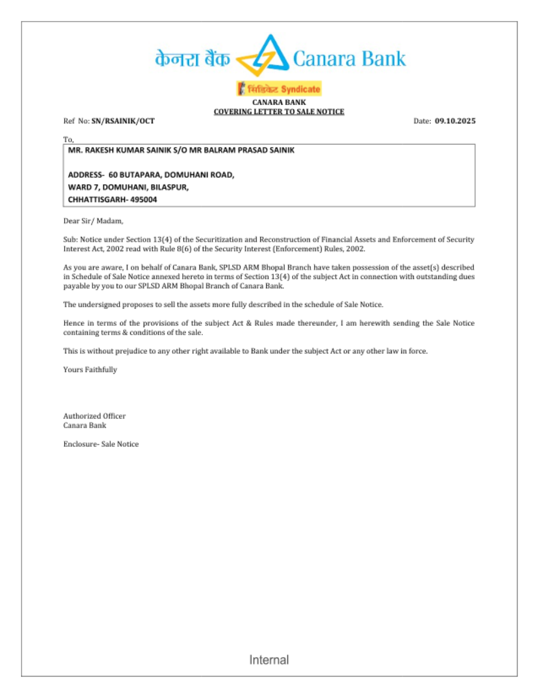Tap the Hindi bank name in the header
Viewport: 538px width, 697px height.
point(192,59)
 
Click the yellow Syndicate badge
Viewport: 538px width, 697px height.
point(279,89)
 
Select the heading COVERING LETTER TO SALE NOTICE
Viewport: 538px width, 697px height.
point(279,111)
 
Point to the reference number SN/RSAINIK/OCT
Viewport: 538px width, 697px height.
point(123,121)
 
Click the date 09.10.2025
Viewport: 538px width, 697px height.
point(455,121)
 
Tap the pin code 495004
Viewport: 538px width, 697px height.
point(144,199)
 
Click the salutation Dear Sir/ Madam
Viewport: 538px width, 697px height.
point(93,221)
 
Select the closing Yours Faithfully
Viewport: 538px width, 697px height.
point(90,370)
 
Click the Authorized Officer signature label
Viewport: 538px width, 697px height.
point(94,416)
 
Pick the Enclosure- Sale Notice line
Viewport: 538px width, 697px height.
point(101,444)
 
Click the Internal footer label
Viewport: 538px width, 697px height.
point(268,660)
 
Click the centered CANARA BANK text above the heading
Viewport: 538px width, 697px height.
point(279,102)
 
